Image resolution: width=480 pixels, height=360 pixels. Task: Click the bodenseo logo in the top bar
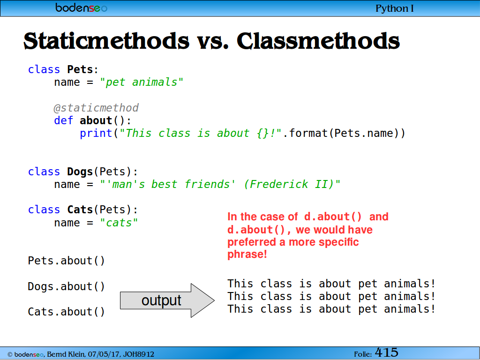81,7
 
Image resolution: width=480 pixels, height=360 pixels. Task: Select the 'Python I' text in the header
394,8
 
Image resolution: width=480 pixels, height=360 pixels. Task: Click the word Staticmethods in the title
106,41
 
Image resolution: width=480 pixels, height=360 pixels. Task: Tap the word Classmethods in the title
318,41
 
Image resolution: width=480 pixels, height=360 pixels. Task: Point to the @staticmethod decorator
96,108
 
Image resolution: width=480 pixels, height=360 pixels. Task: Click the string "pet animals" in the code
142,82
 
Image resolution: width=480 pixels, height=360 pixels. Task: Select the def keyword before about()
64,120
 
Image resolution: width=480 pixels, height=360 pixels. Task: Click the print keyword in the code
96,134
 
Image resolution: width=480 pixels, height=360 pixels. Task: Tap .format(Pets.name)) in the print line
344,134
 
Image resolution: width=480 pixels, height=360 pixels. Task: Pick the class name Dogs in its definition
80,172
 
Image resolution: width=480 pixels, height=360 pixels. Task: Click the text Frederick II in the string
287,184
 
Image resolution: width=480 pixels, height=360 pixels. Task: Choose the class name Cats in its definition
80,210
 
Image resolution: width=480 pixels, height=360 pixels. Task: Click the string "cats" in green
119,223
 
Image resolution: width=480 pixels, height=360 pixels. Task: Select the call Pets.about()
66,261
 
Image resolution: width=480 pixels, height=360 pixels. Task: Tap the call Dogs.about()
66,286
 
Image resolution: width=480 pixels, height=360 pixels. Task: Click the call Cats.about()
66,312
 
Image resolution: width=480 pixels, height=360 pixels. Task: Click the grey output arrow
167,300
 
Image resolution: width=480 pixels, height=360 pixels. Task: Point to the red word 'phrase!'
247,255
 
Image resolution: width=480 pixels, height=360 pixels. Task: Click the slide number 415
387,352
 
